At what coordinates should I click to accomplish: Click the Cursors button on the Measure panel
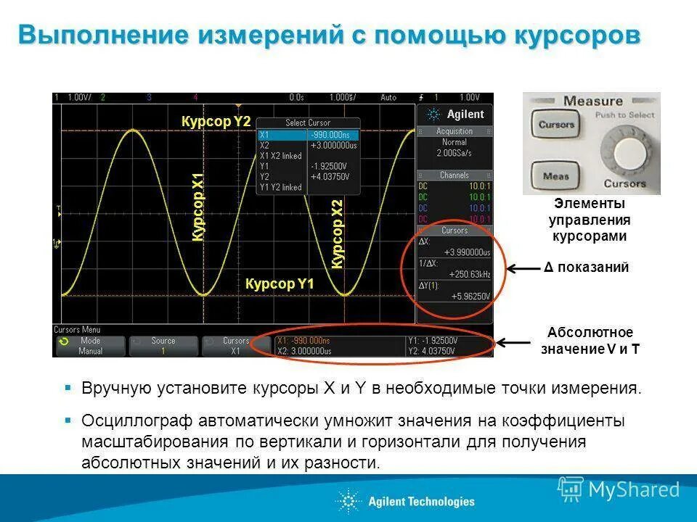[x=556, y=125]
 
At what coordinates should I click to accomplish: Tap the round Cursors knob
[x=623, y=151]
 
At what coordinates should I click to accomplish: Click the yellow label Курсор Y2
[x=216, y=123]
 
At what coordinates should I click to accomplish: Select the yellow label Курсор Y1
[x=280, y=283]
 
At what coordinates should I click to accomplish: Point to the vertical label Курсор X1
[x=198, y=207]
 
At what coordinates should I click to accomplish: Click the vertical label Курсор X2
[x=338, y=233]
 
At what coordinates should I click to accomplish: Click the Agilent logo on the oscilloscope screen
[x=455, y=115]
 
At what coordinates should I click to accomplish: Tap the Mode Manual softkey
[x=91, y=346]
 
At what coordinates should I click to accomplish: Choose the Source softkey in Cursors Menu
[x=163, y=346]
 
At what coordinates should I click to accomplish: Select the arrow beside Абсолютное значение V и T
[x=513, y=342]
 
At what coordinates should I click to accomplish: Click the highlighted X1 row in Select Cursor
[x=309, y=135]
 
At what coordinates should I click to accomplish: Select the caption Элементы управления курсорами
[x=589, y=220]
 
